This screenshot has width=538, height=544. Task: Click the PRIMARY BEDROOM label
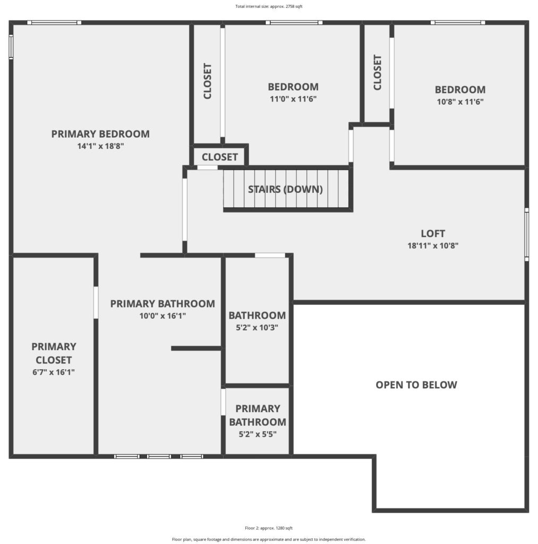[x=100, y=134]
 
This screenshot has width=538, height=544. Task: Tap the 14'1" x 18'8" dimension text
[x=100, y=146]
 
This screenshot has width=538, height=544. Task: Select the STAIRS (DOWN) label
[x=285, y=189]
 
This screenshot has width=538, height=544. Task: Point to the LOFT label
[x=432, y=234]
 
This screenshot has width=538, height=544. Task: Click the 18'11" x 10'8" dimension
[x=432, y=245]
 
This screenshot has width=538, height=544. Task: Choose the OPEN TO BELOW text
[x=416, y=385]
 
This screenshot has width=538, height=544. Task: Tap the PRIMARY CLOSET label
[x=54, y=353]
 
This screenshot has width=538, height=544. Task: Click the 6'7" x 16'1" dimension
[x=54, y=372]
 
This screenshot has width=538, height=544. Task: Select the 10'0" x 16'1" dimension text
[x=163, y=316]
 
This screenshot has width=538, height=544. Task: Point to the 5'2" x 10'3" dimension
[x=257, y=327]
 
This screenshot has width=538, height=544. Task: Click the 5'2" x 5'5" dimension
[x=258, y=434]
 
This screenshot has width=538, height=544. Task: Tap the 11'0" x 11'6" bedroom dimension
[x=293, y=99]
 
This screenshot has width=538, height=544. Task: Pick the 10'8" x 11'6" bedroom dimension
[x=460, y=101]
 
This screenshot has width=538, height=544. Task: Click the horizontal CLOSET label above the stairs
[x=219, y=157]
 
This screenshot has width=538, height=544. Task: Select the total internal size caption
[x=269, y=6]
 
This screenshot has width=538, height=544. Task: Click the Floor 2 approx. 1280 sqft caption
[x=269, y=528]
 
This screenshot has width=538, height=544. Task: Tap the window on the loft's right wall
[x=526, y=234]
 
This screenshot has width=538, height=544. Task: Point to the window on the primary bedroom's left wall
[x=11, y=47]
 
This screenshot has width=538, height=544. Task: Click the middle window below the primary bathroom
[x=159, y=456]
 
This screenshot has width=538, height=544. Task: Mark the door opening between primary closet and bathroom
[x=96, y=302]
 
